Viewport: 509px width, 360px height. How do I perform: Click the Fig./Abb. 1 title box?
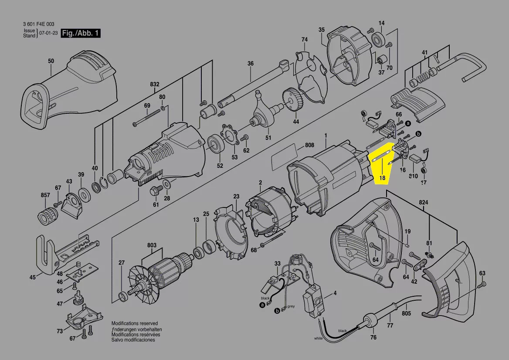(81, 33)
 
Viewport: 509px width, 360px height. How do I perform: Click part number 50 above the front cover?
(51, 61)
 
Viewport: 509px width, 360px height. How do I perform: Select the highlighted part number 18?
(382, 178)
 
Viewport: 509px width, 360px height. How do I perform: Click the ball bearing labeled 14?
(378, 41)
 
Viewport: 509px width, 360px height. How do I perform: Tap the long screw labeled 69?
(148, 118)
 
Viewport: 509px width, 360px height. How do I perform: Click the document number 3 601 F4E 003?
(39, 24)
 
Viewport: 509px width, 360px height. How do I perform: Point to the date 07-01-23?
(48, 33)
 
